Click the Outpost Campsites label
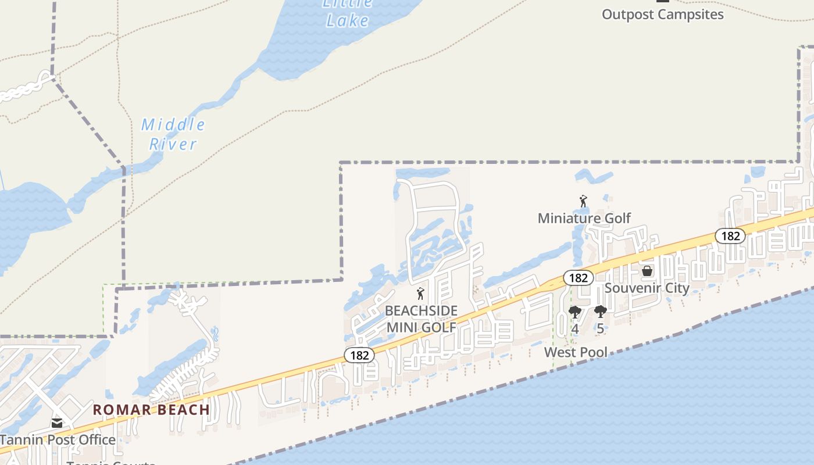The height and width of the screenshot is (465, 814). click(662, 15)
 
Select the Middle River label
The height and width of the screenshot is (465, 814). click(173, 134)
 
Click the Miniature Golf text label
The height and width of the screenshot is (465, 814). click(584, 218)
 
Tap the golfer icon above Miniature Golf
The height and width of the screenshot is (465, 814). click(583, 201)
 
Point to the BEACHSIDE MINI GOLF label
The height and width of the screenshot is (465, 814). click(421, 319)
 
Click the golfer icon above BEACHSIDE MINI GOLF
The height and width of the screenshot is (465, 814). click(420, 294)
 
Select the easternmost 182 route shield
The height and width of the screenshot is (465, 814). click(730, 235)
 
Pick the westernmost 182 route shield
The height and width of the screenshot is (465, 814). click(359, 355)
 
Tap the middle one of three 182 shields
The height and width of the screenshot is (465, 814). click(578, 278)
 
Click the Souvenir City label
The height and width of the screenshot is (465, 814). click(647, 288)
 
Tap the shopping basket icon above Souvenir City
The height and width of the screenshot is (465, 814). click(647, 271)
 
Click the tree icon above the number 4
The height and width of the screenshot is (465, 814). click(574, 312)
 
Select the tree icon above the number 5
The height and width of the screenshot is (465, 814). click(600, 312)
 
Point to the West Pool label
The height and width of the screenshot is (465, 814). click(576, 352)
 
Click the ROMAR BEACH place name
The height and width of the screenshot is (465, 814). click(151, 409)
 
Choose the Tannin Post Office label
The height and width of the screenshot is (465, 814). click(58, 439)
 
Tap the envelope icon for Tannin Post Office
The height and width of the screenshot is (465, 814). click(57, 423)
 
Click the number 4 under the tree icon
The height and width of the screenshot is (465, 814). click(574, 328)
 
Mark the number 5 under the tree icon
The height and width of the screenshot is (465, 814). click(600, 328)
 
